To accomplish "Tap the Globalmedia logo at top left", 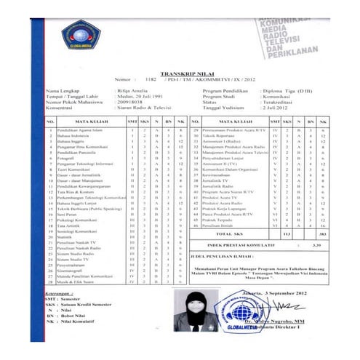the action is tap(81, 37).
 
